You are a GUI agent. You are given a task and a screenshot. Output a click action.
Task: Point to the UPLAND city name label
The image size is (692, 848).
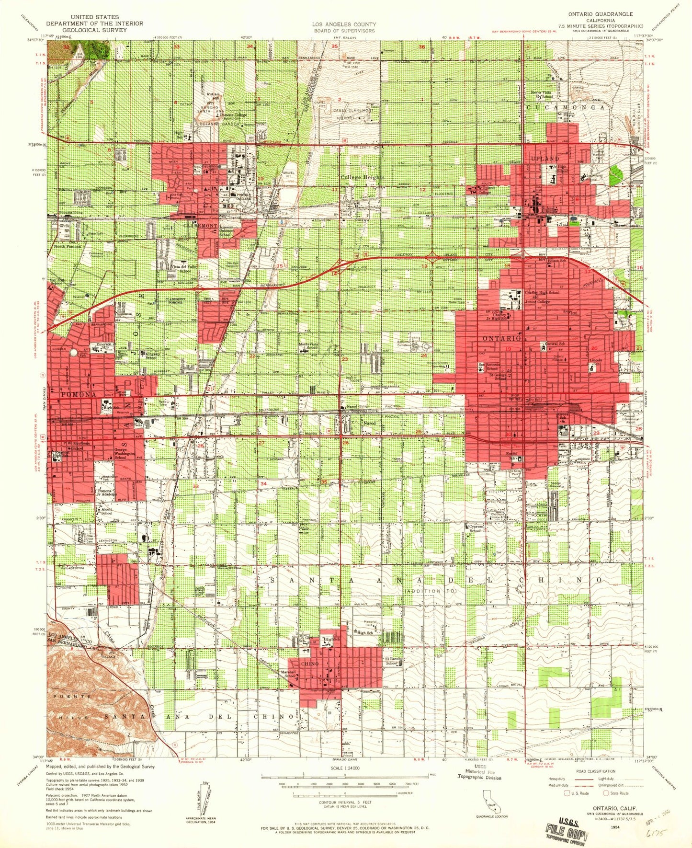click(x=545, y=158)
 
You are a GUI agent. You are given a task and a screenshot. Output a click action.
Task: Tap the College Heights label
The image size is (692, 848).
click(x=362, y=178)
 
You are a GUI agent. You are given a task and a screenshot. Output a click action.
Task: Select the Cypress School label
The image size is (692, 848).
click(x=475, y=528)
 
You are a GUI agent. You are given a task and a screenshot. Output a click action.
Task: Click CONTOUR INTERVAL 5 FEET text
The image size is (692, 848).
click(x=344, y=815)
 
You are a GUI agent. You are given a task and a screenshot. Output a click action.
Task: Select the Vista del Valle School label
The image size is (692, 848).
click(x=182, y=269)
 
